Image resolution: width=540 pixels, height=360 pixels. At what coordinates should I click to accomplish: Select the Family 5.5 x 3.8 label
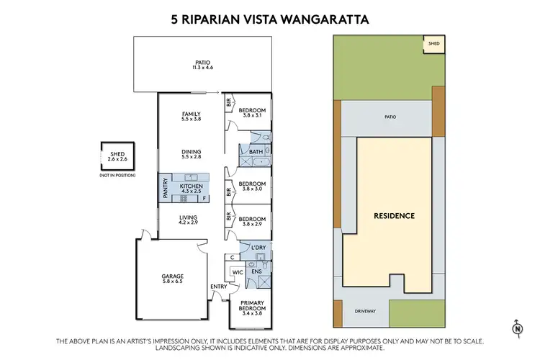click(x=191, y=117)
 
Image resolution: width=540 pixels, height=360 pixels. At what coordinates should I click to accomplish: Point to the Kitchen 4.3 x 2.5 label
click(x=191, y=189)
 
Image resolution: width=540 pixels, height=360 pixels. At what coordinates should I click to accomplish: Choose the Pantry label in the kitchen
click(x=166, y=189)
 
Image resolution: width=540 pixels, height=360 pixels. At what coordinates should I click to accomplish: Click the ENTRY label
click(x=218, y=287)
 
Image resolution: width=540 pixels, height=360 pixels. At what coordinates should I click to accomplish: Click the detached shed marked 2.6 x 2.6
click(x=117, y=156)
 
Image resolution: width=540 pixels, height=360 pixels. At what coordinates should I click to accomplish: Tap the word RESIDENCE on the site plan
click(x=393, y=215)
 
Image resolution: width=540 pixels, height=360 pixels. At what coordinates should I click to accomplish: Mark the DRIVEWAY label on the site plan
click(x=365, y=312)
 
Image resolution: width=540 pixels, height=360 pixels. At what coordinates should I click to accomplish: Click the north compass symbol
click(x=517, y=328)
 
